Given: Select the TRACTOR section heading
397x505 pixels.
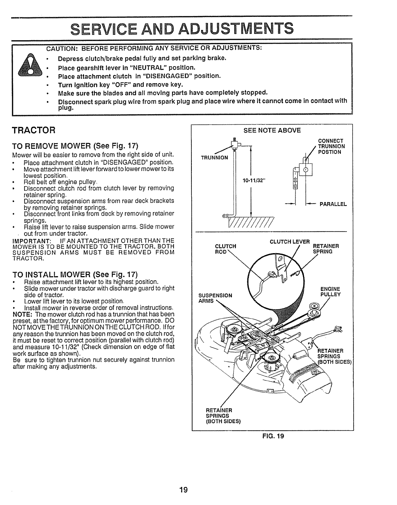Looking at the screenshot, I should click(x=33, y=130).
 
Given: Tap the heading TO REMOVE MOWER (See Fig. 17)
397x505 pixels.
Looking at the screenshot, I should click(x=75, y=146).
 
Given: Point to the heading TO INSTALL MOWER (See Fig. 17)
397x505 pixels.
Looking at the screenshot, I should click(x=75, y=274).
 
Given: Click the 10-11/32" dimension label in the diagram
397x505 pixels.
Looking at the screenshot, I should click(x=254, y=181).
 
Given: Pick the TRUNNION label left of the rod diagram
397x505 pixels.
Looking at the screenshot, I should click(x=214, y=157).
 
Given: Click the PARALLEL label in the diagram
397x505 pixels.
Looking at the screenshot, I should click(x=333, y=205).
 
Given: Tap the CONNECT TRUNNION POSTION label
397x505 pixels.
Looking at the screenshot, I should click(x=331, y=146).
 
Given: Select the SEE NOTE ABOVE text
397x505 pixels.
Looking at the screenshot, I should click(x=272, y=130).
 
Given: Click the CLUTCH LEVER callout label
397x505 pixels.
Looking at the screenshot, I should click(x=289, y=242).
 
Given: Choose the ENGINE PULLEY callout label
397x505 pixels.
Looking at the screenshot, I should click(x=330, y=292).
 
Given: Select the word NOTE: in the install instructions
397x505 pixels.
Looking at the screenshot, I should click(x=21, y=314).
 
